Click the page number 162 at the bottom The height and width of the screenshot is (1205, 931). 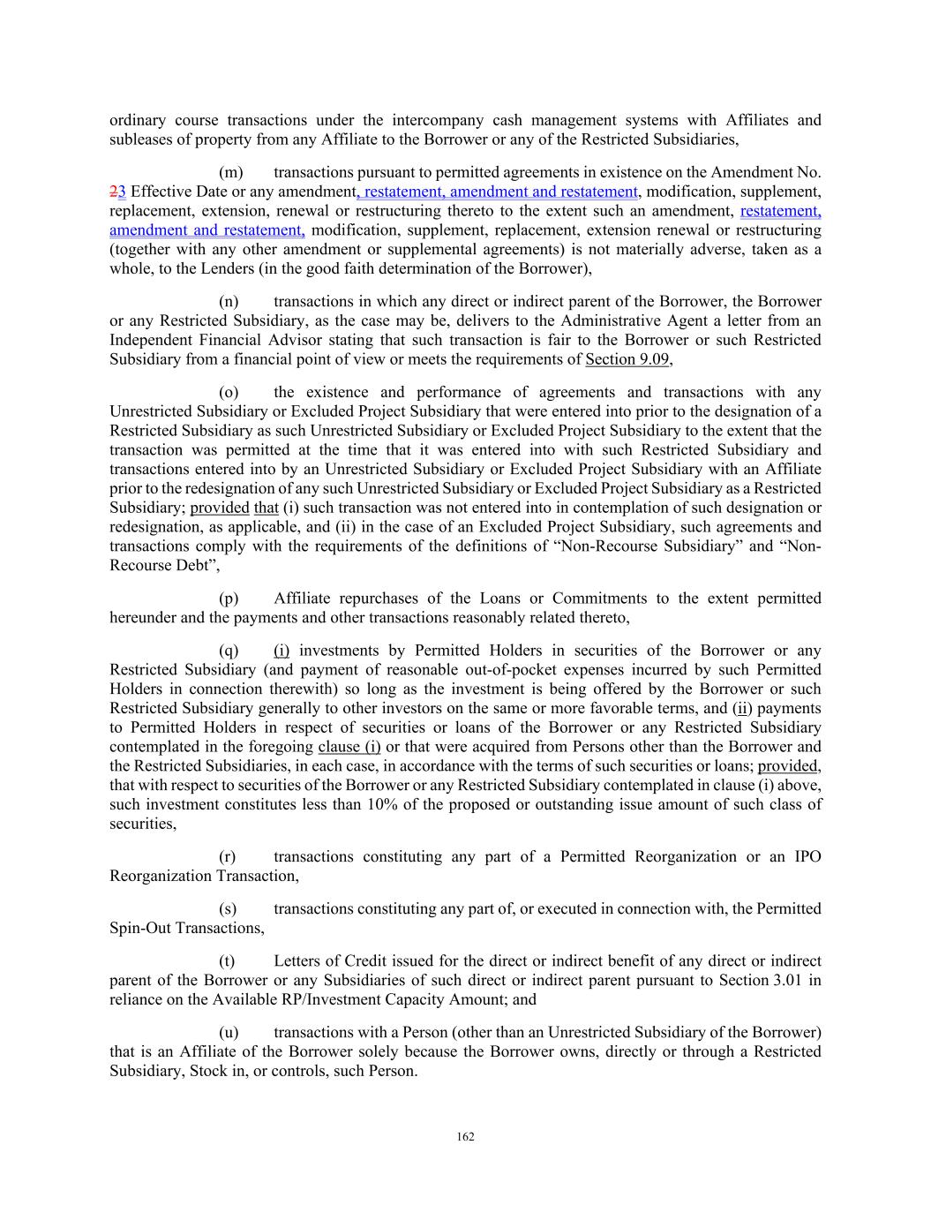click(x=466, y=1137)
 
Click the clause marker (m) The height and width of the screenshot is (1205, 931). click(x=230, y=172)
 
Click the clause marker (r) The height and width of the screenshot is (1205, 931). click(x=228, y=856)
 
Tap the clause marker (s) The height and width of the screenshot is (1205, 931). click(x=228, y=908)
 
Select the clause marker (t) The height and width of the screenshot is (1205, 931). click(x=227, y=960)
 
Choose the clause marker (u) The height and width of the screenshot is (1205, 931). click(x=229, y=1032)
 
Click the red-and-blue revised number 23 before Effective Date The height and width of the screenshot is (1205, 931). click(x=118, y=192)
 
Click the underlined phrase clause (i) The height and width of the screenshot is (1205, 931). click(x=349, y=747)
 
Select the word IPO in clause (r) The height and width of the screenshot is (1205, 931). click(x=807, y=856)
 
